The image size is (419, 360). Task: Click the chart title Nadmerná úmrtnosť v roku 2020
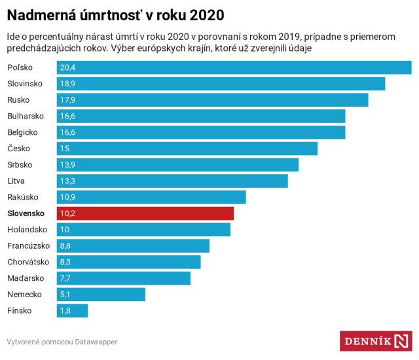(115, 14)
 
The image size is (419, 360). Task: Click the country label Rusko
(18, 100)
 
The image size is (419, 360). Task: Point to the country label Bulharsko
(26, 116)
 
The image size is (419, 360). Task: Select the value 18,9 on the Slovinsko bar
(67, 84)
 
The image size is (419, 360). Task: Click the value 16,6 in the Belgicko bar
(67, 132)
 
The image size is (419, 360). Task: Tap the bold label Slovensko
(26, 213)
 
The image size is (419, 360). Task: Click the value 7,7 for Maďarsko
(65, 278)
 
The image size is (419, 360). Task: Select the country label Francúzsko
(29, 246)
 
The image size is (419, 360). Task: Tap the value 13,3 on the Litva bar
(67, 181)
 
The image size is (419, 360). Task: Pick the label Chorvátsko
(28, 262)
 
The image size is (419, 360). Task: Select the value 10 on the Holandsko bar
(65, 230)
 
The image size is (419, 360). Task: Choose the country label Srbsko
(20, 165)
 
